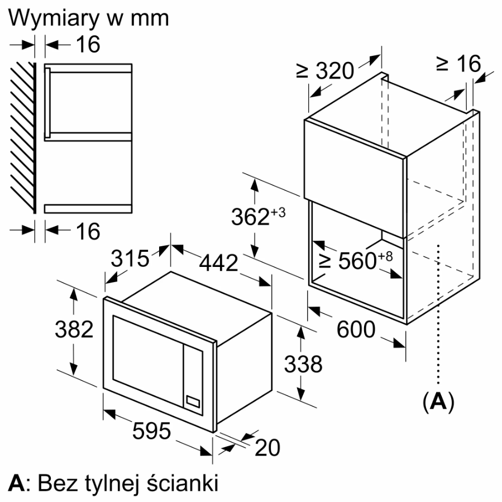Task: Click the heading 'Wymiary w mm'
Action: (x=89, y=17)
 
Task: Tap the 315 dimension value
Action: (x=130, y=258)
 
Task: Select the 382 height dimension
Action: (x=74, y=330)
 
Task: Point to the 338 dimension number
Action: (x=303, y=364)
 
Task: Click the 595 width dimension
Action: (x=151, y=431)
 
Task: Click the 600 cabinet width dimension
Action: (x=356, y=329)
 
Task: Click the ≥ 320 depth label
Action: (x=326, y=70)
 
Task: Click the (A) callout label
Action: (x=438, y=402)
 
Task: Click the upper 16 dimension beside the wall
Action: (x=88, y=45)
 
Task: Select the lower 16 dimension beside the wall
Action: (x=88, y=231)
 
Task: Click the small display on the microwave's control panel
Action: (x=193, y=400)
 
